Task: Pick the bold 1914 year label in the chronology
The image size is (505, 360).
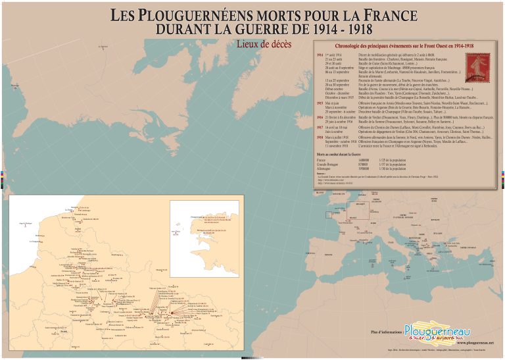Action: pos(320,55)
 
